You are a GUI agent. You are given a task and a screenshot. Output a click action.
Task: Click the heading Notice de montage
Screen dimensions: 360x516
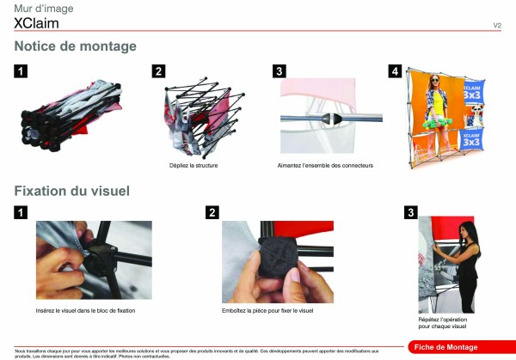click(75, 46)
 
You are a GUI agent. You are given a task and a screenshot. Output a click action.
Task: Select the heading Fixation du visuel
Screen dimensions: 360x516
click(71, 190)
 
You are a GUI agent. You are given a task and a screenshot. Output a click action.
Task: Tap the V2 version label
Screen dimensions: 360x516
click(497, 25)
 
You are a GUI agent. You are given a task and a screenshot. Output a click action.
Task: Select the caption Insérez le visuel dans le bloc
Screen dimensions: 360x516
click(85, 309)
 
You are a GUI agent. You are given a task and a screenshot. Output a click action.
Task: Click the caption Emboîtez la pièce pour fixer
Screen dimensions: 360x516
click(267, 309)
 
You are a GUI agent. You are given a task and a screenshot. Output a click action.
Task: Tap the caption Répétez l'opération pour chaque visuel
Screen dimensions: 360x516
click(442, 323)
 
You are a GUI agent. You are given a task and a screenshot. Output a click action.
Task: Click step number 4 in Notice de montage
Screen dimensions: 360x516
click(395, 71)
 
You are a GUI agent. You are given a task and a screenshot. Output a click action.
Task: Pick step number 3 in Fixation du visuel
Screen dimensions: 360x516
click(411, 212)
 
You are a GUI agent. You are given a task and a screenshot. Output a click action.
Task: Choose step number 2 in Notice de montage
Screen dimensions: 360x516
click(158, 71)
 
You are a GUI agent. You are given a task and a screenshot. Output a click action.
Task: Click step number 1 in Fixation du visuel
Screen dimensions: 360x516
click(21, 212)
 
